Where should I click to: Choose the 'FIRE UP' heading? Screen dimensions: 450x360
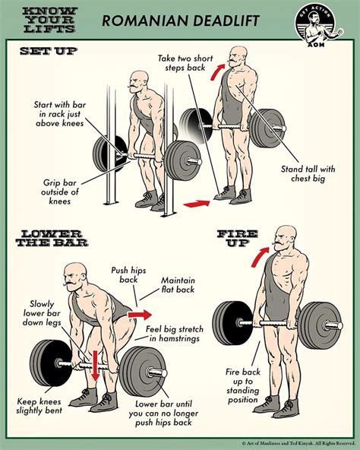coord(238,235)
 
